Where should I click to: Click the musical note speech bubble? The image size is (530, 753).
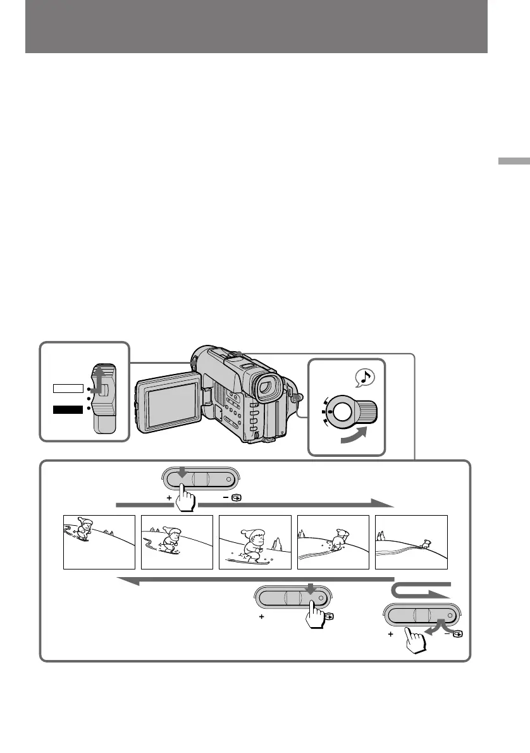365,378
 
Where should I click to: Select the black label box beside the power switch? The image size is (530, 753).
69,409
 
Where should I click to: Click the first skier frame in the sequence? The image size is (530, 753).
99,542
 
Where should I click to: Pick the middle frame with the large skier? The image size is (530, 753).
255,542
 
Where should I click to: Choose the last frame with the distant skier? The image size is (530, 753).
411,542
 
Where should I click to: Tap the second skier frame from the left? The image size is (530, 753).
177,542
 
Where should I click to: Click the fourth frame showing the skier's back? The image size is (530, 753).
333,542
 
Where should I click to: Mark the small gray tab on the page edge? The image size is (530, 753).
514,161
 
